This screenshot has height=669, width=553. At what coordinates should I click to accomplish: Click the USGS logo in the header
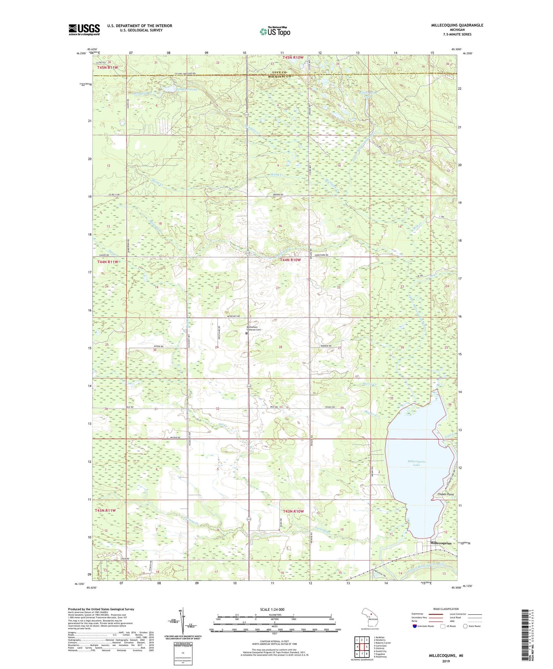coord(84,30)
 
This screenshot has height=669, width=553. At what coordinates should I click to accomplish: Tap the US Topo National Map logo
coord(274,31)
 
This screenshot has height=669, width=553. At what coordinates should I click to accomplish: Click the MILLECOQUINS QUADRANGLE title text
coord(457,25)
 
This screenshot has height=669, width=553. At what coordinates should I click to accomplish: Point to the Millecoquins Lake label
coord(416,463)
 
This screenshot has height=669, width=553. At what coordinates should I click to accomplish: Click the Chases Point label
coord(445,494)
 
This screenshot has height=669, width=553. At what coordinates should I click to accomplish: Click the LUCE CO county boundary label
coord(279,72)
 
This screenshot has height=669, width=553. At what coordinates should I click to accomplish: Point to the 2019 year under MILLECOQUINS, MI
coord(445,661)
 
